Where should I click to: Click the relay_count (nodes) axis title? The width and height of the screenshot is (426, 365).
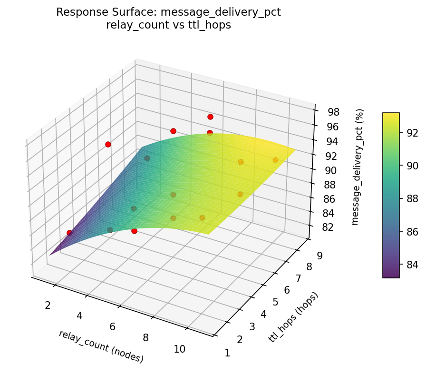[101, 346]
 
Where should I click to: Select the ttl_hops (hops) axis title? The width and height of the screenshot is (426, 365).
[293, 317]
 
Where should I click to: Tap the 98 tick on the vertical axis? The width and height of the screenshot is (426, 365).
[333, 112]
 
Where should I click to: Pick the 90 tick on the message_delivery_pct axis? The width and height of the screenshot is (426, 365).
[331, 170]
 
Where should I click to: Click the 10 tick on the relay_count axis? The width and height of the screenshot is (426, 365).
[179, 349]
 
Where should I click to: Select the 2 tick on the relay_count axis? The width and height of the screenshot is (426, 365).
[48, 305]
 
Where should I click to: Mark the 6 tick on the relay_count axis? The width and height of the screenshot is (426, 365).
[113, 326]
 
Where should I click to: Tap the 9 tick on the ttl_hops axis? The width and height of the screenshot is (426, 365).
[320, 256]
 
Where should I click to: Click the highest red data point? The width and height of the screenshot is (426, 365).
[210, 117]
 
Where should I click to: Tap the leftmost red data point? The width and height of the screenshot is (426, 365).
[69, 233]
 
